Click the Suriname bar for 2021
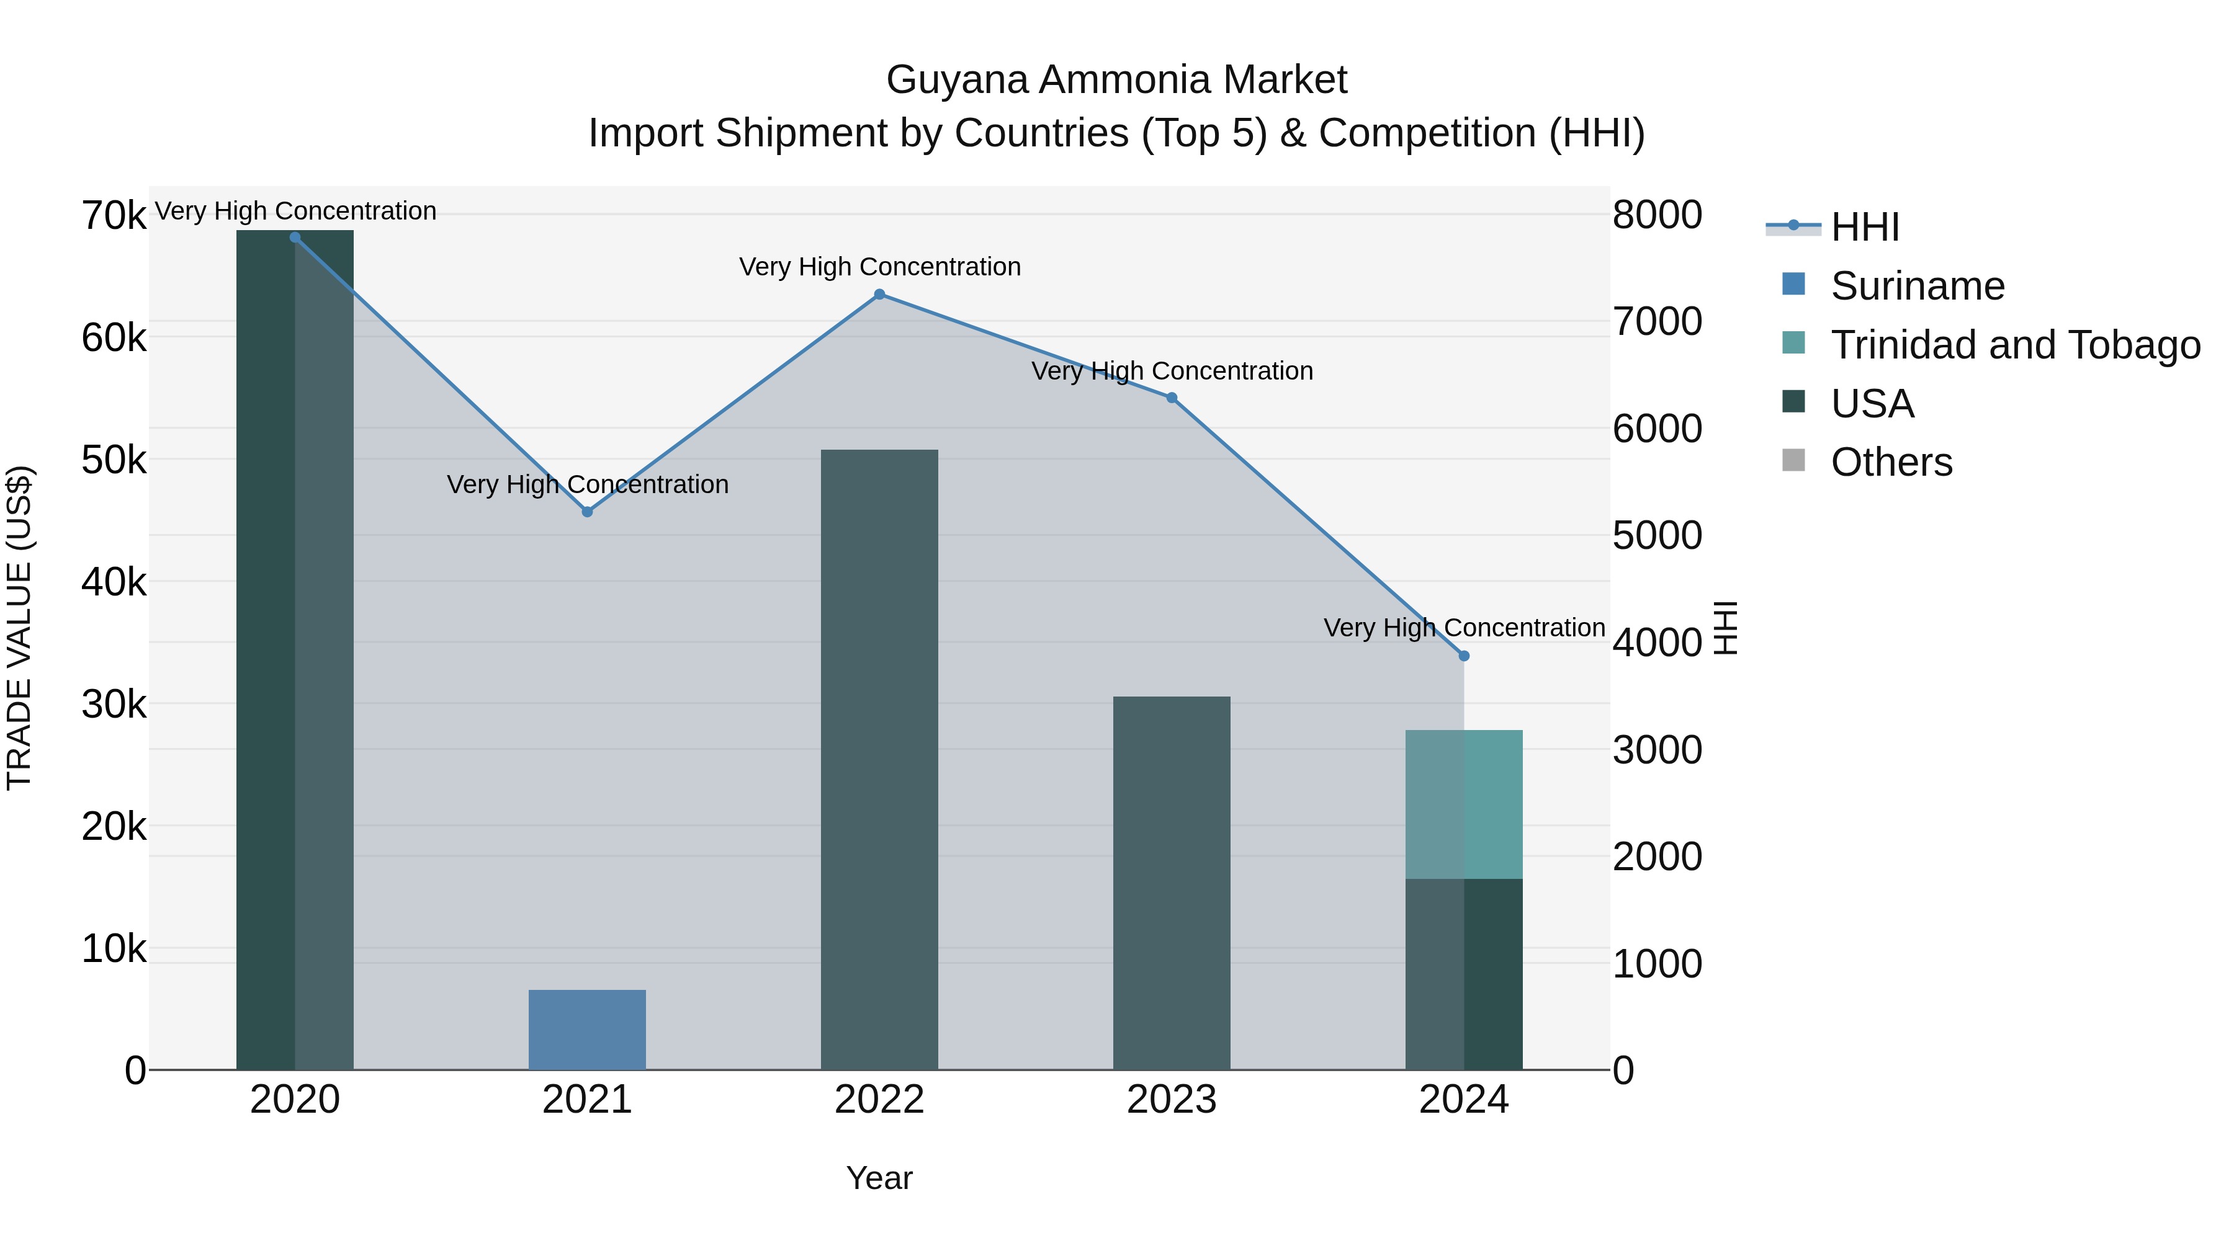(x=587, y=1030)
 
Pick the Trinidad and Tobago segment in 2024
(x=1464, y=804)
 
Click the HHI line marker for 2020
(x=295, y=238)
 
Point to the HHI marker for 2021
(x=587, y=512)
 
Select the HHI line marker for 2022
(x=879, y=295)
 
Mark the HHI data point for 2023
(x=1172, y=398)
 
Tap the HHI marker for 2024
(x=1464, y=656)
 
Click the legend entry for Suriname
(x=1918, y=286)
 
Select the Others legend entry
(x=1891, y=462)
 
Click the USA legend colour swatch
(x=1793, y=402)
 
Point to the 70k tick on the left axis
(x=114, y=216)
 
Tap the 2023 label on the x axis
(x=1172, y=1100)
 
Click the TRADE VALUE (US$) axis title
(x=19, y=628)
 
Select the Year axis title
(x=879, y=1178)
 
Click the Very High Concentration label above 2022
(x=879, y=267)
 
